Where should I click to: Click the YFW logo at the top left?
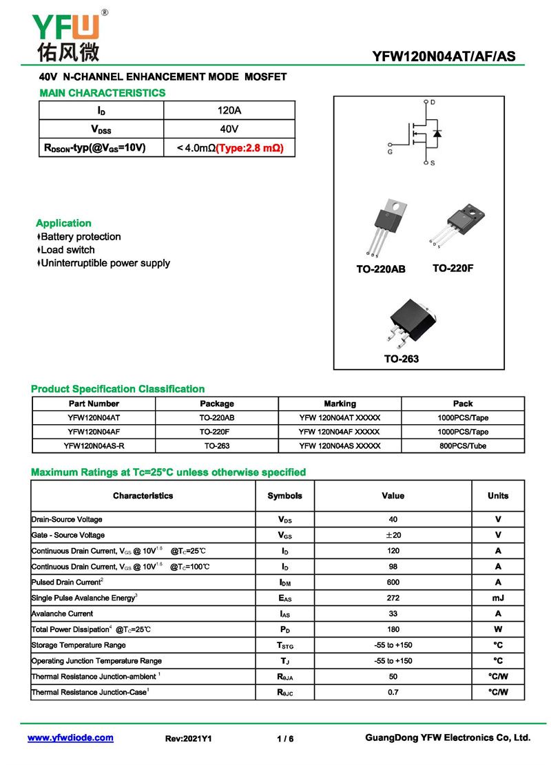pos(67,34)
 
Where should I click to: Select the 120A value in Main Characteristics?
pos(229,110)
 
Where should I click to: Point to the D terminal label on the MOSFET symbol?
pos(433,103)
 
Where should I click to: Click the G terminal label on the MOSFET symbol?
pos(391,151)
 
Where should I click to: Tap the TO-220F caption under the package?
pos(453,268)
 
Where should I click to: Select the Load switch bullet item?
pos(67,250)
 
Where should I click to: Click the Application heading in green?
pos(63,223)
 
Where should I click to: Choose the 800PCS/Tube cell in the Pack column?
pos(463,446)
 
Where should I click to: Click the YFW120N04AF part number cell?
pos(94,432)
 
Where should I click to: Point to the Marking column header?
pos(340,404)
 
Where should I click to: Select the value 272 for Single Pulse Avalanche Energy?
pos(393,598)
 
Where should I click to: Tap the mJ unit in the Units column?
pos(497,598)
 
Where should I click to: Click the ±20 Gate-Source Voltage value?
pos(393,535)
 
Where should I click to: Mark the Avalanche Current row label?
pos(62,614)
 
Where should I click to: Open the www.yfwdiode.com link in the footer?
pos(70,737)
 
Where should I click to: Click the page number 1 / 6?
pos(285,739)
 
